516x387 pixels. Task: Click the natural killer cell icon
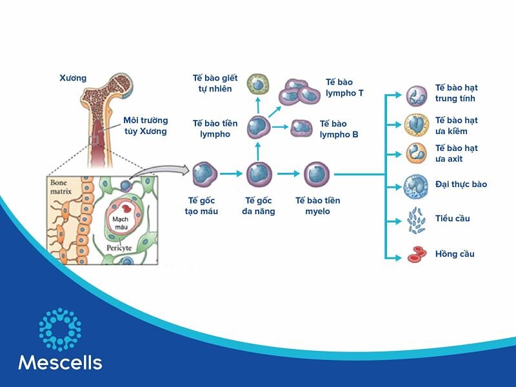258,84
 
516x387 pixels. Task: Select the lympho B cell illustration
301,128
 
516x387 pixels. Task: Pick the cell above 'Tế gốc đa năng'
259,174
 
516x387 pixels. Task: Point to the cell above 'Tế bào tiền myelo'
317,174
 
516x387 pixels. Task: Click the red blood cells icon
415,255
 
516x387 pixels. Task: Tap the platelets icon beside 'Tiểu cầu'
416,220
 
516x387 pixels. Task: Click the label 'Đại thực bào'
461,184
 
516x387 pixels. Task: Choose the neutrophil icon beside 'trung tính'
415,96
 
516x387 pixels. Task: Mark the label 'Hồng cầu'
454,254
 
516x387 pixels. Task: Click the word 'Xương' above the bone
72,79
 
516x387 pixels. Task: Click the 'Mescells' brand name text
60,362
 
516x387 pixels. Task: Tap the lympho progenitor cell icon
258,126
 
